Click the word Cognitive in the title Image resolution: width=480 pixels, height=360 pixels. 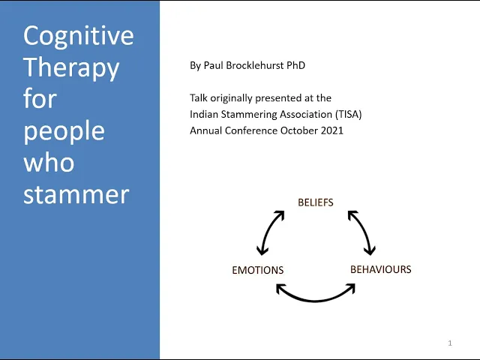pos(79,36)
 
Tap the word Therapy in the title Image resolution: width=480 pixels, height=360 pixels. pos(71,67)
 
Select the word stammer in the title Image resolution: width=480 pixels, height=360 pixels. pos(76,194)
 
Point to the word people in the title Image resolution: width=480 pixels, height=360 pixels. pos(64,131)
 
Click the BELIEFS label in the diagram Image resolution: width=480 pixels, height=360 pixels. pos(316,202)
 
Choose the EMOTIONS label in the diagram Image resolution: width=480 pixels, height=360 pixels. pos(258,270)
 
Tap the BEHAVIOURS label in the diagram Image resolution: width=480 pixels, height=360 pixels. pos(381,269)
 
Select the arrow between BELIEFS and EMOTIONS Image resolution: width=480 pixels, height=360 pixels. pos(271,232)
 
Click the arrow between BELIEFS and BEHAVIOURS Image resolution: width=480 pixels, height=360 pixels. pos(361,232)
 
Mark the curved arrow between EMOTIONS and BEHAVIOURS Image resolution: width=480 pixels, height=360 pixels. pos(316,293)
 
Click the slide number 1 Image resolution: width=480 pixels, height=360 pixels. pos(450,343)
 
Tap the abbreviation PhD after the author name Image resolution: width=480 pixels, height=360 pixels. pos(295,65)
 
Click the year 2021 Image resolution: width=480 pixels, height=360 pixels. pos(331,130)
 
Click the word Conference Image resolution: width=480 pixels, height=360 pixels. pos(248,130)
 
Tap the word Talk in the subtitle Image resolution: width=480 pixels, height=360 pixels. pos(199,98)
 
